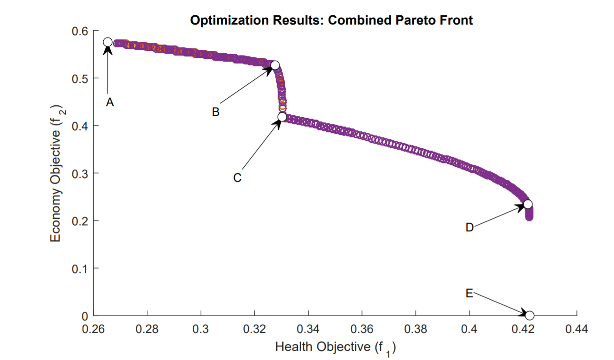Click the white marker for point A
coord(108,42)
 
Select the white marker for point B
coord(275,65)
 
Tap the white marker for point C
coord(282,117)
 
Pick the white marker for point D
coord(527,204)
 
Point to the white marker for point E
coord(530,316)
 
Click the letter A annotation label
coord(109,103)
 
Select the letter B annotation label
coord(215,112)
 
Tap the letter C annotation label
coord(237,178)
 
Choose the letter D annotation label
coord(469,227)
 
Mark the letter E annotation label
coord(469,293)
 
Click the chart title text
coord(331,20)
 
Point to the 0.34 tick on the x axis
coord(308,329)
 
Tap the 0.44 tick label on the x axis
coord(576,329)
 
